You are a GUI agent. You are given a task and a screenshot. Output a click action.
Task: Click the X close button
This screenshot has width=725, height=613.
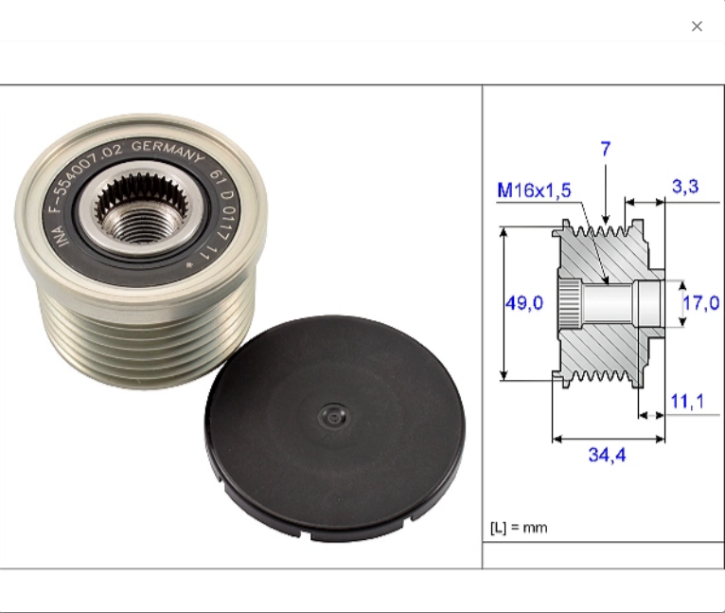(x=697, y=27)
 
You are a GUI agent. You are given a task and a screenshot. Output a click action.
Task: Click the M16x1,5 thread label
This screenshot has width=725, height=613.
(x=534, y=190)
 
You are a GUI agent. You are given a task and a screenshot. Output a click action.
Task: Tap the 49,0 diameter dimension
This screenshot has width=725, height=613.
(x=523, y=303)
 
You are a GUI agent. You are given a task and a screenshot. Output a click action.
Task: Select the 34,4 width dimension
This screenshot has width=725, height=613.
(x=607, y=455)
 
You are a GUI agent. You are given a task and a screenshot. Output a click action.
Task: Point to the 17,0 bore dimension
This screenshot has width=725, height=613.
(x=700, y=303)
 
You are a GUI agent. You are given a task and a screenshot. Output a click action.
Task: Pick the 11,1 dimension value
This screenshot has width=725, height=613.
(x=687, y=402)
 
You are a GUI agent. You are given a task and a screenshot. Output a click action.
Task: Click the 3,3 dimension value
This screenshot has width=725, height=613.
(x=685, y=187)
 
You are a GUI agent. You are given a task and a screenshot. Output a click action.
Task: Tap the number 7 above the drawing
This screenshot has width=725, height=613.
(x=606, y=149)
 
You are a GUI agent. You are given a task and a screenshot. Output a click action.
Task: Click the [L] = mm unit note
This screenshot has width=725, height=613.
(x=518, y=527)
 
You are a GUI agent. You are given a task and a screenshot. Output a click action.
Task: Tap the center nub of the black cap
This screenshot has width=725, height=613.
(x=330, y=414)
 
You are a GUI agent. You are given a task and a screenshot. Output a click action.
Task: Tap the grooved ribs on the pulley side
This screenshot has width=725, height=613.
(x=123, y=341)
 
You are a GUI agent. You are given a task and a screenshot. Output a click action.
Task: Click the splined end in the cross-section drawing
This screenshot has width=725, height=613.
(x=566, y=303)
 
